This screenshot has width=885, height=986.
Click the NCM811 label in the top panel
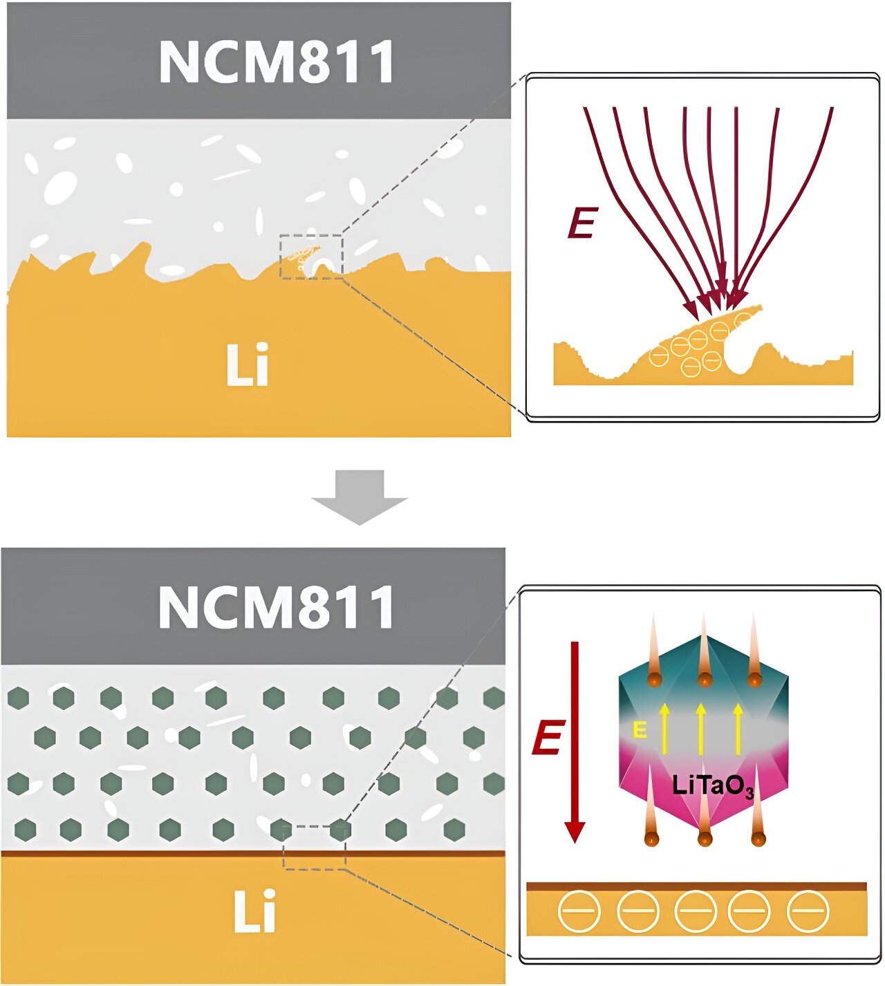pos(277,62)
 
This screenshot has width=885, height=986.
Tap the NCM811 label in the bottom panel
pos(277,607)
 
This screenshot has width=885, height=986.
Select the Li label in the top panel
pos(247,364)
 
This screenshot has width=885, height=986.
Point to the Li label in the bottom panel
pos(254,911)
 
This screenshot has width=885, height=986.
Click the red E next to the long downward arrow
pos(548,738)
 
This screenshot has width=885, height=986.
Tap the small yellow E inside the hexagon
pos(640,730)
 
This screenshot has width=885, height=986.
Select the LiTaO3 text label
pos(712,786)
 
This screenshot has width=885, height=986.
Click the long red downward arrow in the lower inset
pos(574,740)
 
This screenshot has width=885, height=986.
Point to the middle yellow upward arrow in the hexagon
pos(701,728)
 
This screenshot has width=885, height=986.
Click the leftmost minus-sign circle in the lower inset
pos(579,911)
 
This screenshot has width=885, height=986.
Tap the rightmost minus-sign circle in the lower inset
pos(808,911)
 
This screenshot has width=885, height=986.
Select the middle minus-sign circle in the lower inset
pos(695,911)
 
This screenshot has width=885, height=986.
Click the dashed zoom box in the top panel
pos(311,257)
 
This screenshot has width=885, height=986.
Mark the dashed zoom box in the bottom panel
pos(315,847)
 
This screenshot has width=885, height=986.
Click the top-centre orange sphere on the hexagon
pos(705,678)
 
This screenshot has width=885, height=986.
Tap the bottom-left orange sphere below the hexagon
pos(651,839)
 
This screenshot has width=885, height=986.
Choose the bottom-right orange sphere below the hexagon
pos(758,839)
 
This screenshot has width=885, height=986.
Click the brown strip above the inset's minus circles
pos(696,886)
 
